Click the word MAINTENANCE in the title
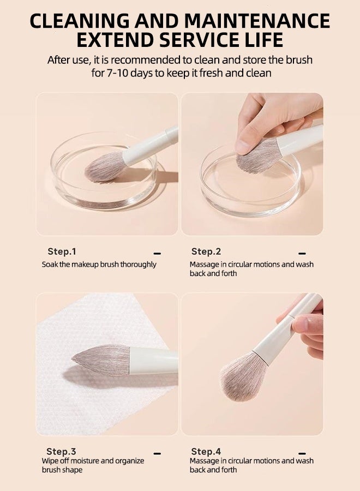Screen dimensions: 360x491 pos(257,21)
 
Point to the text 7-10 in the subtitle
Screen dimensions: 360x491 pos(117,73)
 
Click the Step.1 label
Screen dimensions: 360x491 pos(62,252)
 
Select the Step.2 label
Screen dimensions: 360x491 pos(206,252)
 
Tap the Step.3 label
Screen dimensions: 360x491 pos(61,451)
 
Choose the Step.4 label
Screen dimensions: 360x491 pos(206,451)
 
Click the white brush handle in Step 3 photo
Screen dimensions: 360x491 pos(154,361)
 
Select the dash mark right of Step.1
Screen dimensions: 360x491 pos(158,253)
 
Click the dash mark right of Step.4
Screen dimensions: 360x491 pos(302,453)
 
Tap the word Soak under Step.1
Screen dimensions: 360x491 pos(50,264)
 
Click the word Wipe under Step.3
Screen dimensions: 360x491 pos(50,460)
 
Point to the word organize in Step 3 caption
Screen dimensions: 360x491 pos(130,461)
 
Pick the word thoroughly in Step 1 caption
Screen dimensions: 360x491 pos(138,265)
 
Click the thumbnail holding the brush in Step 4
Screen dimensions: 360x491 pos(299,322)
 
